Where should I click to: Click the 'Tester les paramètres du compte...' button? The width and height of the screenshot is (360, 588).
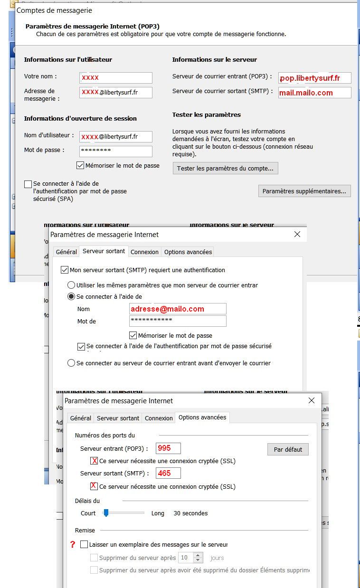225,169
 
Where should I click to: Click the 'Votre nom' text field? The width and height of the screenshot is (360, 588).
116,77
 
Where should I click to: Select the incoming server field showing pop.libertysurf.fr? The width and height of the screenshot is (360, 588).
315,78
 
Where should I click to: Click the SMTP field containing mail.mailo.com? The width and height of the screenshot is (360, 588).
315,93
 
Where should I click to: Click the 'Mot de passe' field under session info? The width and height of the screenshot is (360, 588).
116,151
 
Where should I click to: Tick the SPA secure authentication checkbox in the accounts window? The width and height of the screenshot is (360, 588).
28,184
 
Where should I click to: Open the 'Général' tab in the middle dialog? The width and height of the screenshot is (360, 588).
66,252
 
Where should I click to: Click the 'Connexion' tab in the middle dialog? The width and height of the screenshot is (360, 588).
144,252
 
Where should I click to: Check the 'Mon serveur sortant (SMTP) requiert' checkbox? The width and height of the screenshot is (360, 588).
65,270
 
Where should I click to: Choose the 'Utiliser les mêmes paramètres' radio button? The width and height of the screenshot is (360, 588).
71,285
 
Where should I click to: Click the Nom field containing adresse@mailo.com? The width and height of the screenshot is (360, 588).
178,309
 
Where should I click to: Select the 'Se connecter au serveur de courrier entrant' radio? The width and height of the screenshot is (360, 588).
71,363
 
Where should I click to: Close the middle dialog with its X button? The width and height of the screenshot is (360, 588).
297,234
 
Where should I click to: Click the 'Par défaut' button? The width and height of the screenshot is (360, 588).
288,449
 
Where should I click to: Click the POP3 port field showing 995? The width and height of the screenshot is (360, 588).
168,448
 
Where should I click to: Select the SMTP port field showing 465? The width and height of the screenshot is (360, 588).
168,473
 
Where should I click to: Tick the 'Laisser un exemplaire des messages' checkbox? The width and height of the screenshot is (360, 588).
84,544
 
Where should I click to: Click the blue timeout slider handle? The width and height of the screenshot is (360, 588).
106,513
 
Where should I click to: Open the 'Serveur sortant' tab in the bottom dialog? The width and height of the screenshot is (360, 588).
118,418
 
